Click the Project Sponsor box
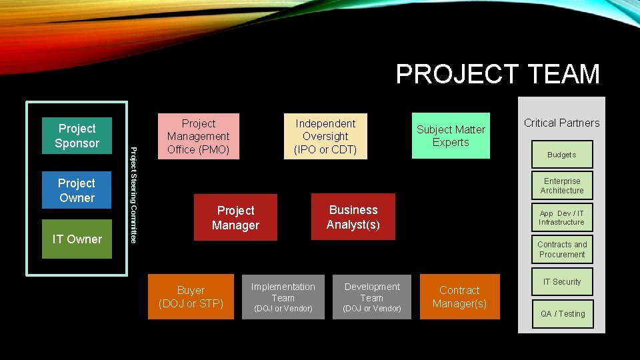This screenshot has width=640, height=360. [x=77, y=136]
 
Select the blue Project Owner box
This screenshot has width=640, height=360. [x=77, y=191]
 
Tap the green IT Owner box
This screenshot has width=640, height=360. [x=77, y=239]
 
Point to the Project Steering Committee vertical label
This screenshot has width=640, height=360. [x=133, y=195]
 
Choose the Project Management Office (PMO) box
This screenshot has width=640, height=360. [x=198, y=137]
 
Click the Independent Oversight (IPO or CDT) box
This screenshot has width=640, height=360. [x=325, y=137]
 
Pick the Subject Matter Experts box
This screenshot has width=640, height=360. [x=451, y=136]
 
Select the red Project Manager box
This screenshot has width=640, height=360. [x=235, y=217]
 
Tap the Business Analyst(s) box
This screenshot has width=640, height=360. [x=353, y=217]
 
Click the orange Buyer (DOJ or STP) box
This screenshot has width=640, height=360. [x=191, y=297]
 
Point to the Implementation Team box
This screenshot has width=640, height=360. [x=283, y=297]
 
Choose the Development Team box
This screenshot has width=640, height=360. [x=372, y=297]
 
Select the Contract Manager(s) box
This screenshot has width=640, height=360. [x=459, y=297]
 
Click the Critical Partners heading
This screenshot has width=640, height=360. [x=561, y=123]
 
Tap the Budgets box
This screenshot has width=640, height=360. [x=561, y=155]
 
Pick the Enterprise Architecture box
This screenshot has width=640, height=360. [x=562, y=186]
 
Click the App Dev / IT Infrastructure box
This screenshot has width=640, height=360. [x=561, y=218]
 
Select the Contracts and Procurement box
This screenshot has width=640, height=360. [x=562, y=249]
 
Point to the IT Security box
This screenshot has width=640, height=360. [x=562, y=282]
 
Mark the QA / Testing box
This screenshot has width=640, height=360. [x=562, y=314]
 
